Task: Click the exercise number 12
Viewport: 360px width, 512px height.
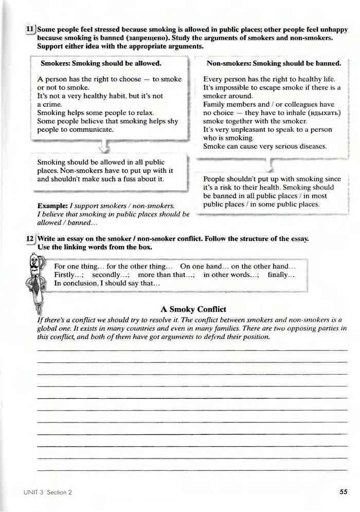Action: (30, 239)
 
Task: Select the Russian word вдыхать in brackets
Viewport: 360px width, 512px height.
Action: (324, 113)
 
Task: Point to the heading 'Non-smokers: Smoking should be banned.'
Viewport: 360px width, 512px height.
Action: (274, 64)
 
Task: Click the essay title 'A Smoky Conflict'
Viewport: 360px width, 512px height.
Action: (193, 309)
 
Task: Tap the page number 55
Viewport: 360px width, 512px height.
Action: (344, 492)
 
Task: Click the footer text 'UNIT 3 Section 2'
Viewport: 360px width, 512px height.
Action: (47, 492)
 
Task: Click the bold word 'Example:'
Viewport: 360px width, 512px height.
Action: (52, 205)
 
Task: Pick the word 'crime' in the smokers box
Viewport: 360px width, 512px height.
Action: (49, 104)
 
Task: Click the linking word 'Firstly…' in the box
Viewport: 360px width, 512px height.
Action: (68, 275)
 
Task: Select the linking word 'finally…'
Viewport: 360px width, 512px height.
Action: (281, 275)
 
